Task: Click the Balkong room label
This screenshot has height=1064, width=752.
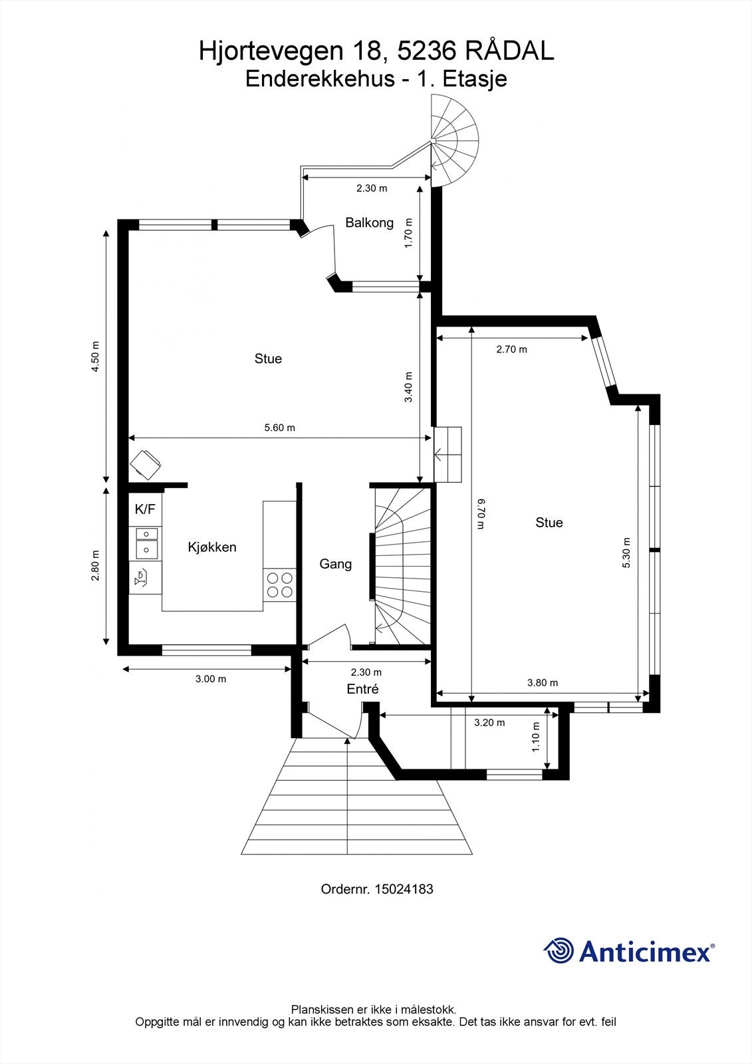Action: [369, 222]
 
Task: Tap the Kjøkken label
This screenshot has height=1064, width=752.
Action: [212, 547]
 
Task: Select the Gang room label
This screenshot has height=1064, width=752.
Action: [335, 564]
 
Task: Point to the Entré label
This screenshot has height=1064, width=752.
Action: [362, 689]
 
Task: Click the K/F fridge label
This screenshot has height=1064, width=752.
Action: [145, 509]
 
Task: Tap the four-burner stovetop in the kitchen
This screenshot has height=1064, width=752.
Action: [280, 585]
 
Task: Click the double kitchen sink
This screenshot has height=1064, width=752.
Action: [147, 543]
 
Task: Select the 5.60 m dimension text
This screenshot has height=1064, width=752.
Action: [280, 428]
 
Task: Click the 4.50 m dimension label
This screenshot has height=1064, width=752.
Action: [96, 356]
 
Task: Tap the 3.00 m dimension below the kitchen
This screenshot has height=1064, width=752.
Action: [211, 679]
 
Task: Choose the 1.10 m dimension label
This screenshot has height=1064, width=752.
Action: [536, 737]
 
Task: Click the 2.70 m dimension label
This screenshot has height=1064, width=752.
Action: [511, 349]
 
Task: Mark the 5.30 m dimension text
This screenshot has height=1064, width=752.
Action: [626, 553]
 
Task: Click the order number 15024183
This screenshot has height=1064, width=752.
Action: [404, 889]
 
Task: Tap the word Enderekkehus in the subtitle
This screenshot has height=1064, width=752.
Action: [320, 79]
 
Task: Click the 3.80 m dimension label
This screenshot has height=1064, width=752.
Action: [543, 682]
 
